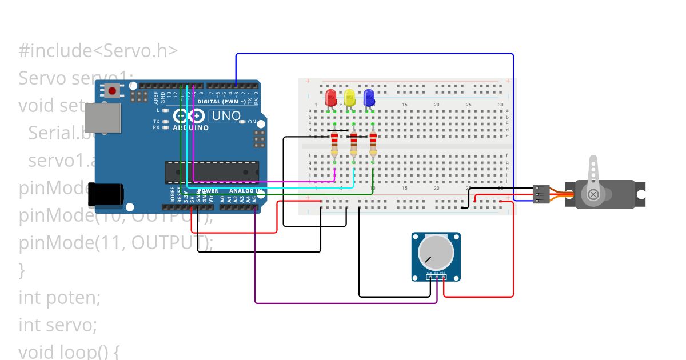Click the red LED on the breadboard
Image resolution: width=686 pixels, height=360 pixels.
coord(330,98)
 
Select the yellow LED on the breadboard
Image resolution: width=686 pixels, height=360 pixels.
coord(350,98)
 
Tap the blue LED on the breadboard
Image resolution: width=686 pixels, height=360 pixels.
coord(369,98)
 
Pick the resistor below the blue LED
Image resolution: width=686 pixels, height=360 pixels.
coord(373,144)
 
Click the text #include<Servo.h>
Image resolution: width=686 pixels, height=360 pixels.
coord(98,51)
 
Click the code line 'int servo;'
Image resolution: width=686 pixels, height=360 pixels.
coord(58,325)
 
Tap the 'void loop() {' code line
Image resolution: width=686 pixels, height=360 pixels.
coord(68,350)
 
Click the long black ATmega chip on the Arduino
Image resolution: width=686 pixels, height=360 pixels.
coord(212,172)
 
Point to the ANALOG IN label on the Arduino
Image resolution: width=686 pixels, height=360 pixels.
coord(245,191)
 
